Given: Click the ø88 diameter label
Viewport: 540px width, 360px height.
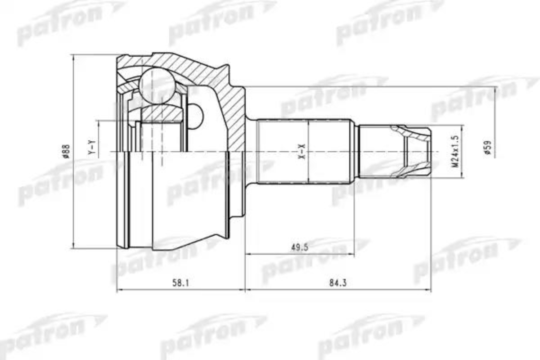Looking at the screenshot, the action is [66, 151].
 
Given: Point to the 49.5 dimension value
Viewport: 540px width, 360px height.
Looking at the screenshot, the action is [300, 247].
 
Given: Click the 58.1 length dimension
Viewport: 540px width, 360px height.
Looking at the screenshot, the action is [180, 283].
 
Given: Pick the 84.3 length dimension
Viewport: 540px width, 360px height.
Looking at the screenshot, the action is [338, 283].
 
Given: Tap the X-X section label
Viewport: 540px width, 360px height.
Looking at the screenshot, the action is [302, 152].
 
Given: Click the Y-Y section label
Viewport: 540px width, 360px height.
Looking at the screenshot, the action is [92, 147].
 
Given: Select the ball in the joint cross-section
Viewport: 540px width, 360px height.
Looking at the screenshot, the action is [157, 86].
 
